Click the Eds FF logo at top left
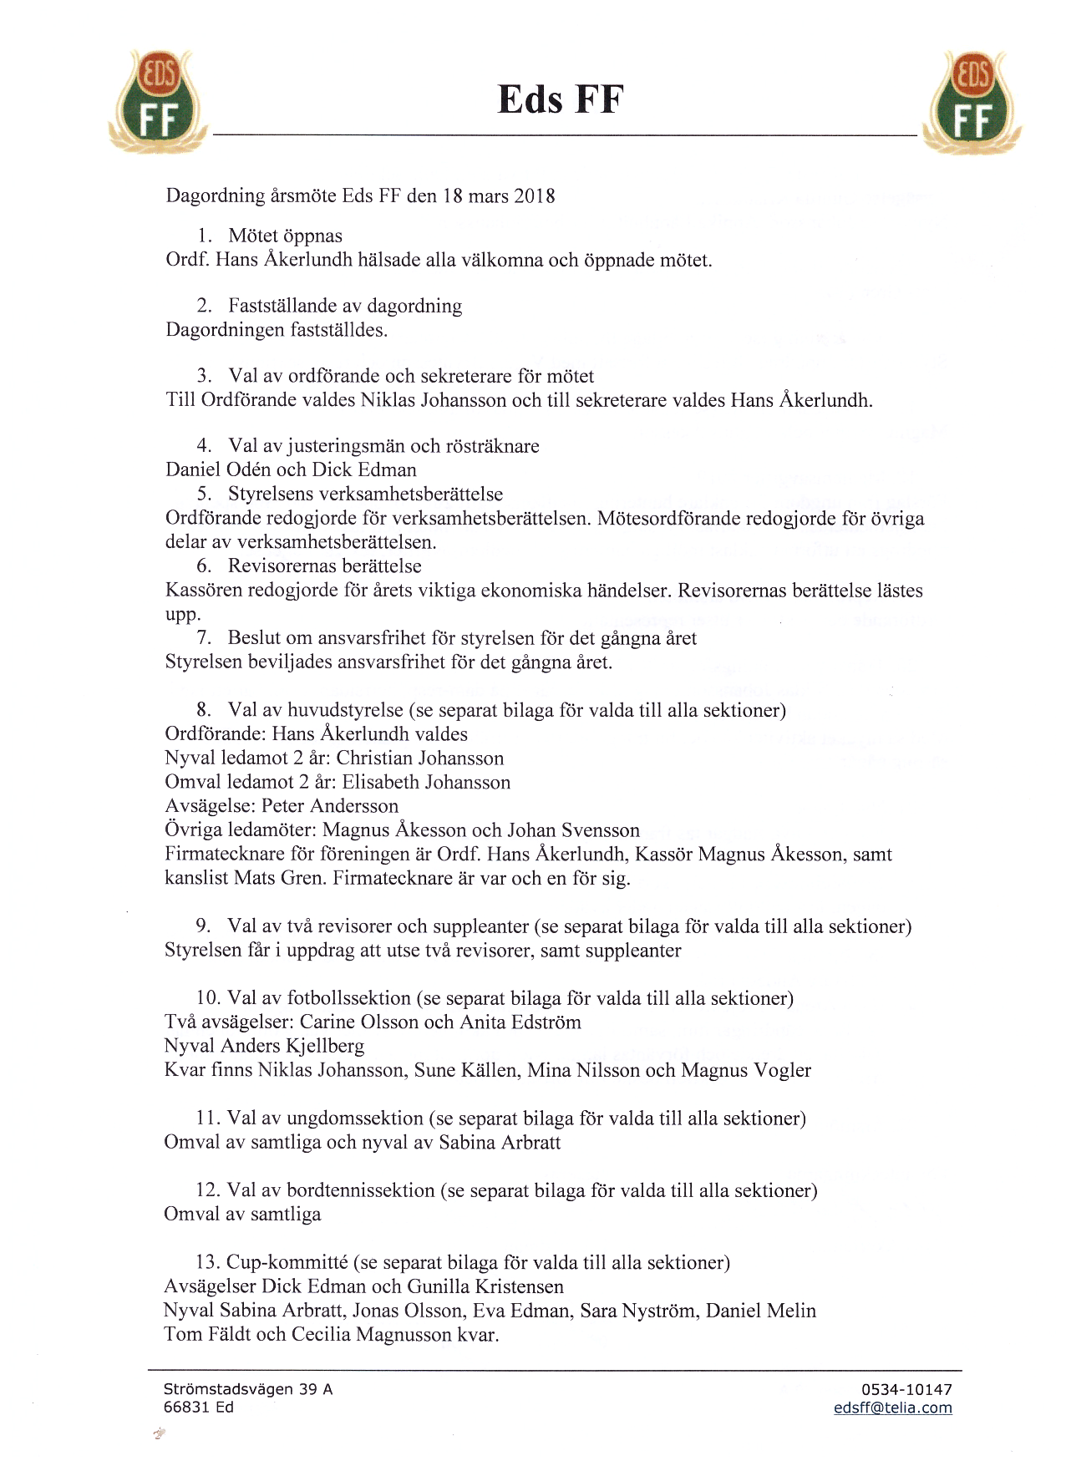(157, 101)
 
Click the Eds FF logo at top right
(974, 101)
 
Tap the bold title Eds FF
(561, 99)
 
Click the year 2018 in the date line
(535, 196)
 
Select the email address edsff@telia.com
(892, 1408)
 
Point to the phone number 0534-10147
(906, 1390)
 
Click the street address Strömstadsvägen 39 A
(248, 1390)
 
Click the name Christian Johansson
(420, 758)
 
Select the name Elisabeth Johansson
(426, 783)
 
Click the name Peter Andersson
(330, 806)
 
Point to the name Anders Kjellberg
(292, 1046)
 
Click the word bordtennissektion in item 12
(360, 1190)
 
